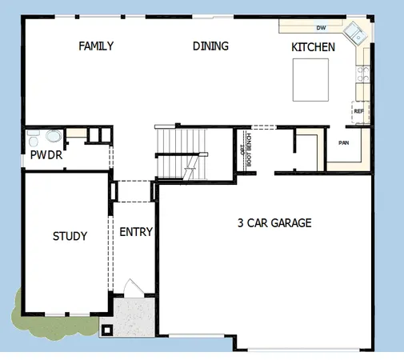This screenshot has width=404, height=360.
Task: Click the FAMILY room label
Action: [95, 46]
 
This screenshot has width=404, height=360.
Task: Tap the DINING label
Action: [210, 46]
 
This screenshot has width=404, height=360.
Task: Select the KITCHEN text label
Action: [313, 47]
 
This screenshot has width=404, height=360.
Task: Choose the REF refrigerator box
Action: [359, 111]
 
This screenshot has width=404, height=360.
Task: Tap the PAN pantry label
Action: [344, 143]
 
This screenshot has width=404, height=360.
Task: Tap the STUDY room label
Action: [70, 236]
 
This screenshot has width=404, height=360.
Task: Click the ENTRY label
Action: [135, 232]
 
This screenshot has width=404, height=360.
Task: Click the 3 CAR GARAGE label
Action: [274, 222]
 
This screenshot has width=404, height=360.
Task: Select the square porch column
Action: [106, 328]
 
